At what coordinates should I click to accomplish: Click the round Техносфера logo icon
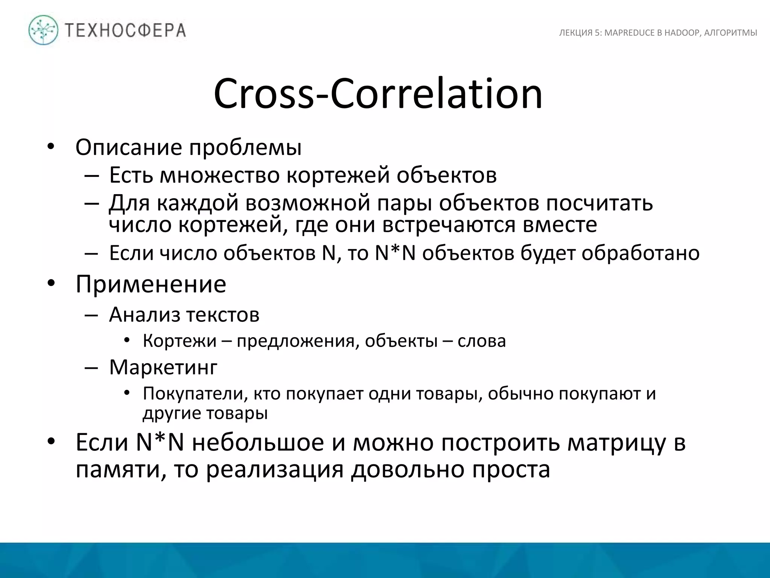coord(44,30)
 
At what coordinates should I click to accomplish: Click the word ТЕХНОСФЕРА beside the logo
coord(126,30)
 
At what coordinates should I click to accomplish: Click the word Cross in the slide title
coord(263,94)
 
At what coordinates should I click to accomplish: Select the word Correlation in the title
coord(437,94)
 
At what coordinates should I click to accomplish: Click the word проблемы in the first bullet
coord(245,148)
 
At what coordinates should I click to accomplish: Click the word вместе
coord(559,225)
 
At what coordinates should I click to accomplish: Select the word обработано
coord(640,253)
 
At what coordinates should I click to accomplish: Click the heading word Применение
coord(151,284)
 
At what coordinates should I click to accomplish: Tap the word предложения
coord(296,341)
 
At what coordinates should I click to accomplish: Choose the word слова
coord(482,341)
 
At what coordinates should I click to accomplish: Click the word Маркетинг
coord(163,367)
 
